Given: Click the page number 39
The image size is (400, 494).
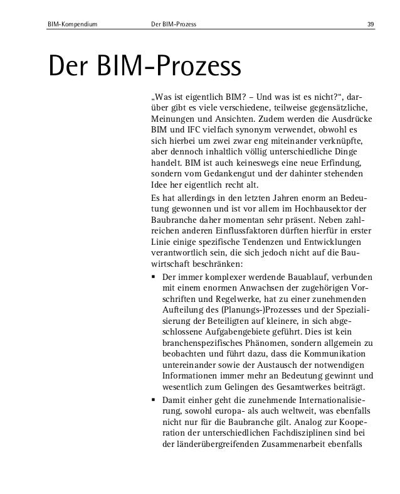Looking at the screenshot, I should click(x=371, y=25).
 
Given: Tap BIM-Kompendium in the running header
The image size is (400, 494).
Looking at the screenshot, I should click(x=71, y=25).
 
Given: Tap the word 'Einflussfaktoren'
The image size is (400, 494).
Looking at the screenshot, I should click(x=248, y=230).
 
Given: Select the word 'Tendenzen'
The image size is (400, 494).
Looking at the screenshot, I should click(x=261, y=240).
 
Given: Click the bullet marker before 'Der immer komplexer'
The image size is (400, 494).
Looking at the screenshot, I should click(x=154, y=276).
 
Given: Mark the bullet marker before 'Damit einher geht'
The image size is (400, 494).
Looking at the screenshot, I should click(x=154, y=400).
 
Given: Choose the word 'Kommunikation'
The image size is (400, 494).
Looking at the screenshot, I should click(x=343, y=353).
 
